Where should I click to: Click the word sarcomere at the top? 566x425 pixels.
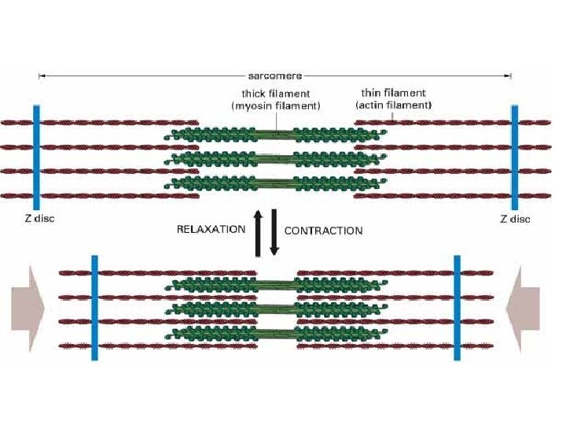[276, 76]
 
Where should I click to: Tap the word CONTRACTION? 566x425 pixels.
[323, 231]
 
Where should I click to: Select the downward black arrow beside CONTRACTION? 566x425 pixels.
[274, 231]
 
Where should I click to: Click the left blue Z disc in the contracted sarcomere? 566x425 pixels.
[94, 308]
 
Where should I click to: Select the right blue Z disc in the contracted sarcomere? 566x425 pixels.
[457, 308]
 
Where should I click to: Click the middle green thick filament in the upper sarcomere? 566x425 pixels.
[275, 159]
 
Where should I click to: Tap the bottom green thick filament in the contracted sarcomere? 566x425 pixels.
[275, 334]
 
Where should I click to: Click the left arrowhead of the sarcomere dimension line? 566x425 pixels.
[41, 76]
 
